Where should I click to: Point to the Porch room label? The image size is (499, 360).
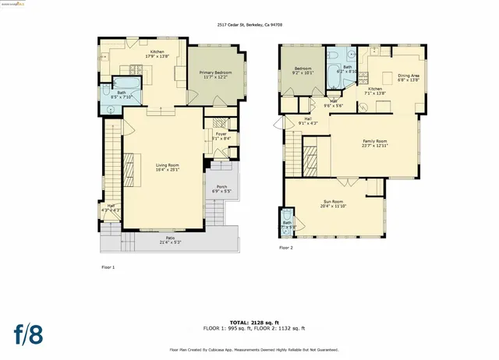point(221,189)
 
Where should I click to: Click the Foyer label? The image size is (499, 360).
point(221,136)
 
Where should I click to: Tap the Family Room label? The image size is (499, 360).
point(375,143)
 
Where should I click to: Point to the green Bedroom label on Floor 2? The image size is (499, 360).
point(302,71)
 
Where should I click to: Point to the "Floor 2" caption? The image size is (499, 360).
point(286,249)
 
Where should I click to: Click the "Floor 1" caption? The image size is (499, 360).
point(108,267)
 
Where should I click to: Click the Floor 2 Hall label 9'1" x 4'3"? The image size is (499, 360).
point(308,121)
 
